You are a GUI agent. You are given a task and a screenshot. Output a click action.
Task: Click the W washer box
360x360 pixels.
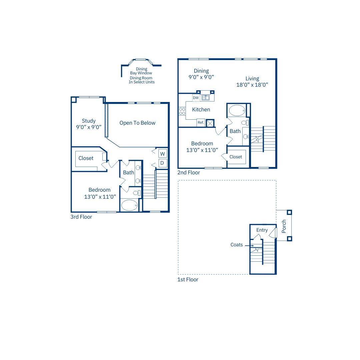[163, 154]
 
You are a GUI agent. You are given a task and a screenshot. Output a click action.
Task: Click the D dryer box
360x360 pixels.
[163, 163]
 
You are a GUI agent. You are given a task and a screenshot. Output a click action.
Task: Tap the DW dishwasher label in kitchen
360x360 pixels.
[196, 98]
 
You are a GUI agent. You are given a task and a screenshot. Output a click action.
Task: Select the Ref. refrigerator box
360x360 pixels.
[201, 123]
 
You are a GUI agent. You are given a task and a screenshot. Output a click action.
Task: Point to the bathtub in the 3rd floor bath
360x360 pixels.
[129, 205]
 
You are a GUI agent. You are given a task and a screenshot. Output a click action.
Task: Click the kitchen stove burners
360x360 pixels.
[182, 111]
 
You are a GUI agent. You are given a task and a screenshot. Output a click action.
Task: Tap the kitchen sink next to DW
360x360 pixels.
[205, 98]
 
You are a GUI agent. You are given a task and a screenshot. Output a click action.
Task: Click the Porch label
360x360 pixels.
[284, 226]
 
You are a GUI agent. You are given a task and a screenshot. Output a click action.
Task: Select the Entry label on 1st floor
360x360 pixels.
[262, 230]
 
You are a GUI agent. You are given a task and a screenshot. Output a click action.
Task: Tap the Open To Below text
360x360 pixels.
[137, 123]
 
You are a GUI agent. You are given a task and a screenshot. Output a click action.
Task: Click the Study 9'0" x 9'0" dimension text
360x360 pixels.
[89, 127]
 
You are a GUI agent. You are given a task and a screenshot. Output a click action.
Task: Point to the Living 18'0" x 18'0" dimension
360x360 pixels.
[252, 85]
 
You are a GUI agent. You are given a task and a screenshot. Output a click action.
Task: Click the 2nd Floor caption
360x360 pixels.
[189, 173]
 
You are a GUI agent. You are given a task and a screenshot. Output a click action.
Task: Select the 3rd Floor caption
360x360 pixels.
[81, 217]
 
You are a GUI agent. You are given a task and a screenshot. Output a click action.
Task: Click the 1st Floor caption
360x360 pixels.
[188, 280]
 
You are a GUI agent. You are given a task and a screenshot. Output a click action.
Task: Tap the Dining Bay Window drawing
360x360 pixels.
[141, 62]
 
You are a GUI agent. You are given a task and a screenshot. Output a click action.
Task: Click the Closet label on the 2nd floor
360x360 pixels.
[236, 157]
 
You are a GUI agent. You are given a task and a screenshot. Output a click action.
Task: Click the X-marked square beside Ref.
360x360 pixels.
[210, 123]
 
